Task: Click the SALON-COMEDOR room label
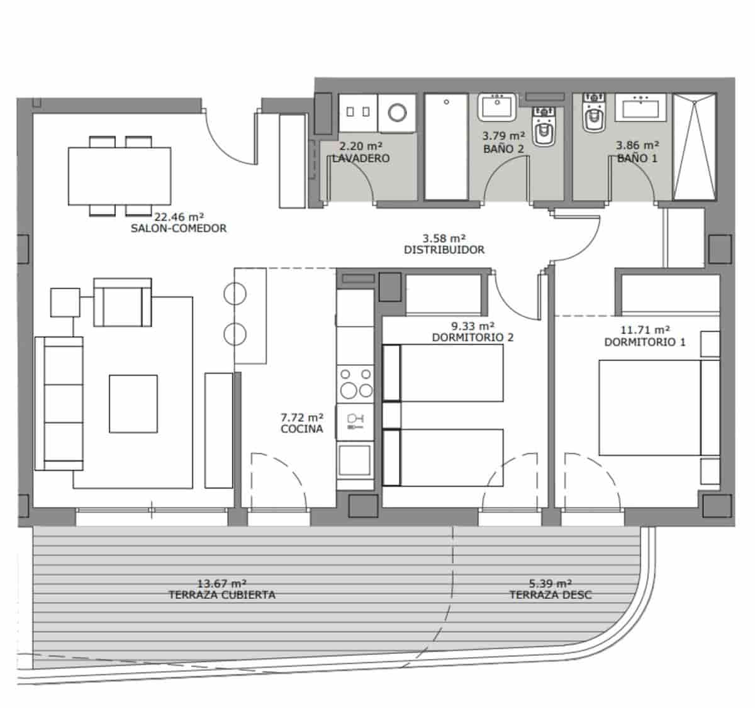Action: click(179, 228)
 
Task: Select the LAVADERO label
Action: click(361, 158)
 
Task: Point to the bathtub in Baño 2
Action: click(445, 146)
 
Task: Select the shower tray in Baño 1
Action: click(694, 147)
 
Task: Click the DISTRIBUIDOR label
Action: click(444, 250)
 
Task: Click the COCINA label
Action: click(302, 429)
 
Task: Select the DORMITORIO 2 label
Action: click(473, 338)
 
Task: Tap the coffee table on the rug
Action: click(133, 404)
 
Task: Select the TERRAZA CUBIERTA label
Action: click(221, 595)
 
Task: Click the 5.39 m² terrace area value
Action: click(551, 583)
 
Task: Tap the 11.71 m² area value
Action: click(645, 329)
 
